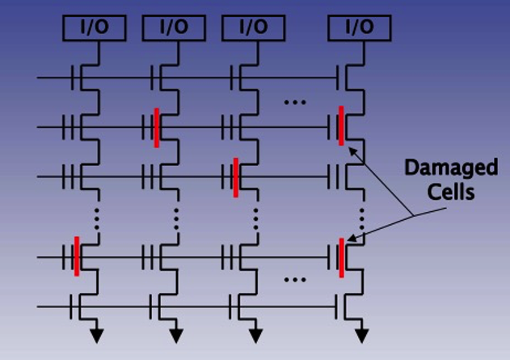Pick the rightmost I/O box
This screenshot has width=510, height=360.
tap(357, 28)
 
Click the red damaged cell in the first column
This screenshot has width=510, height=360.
tap(77, 256)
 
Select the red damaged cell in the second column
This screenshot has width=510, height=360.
tap(156, 127)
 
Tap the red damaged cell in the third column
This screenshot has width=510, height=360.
tap(235, 176)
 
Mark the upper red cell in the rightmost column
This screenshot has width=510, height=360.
tap(342, 125)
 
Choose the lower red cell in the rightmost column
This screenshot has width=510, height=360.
tap(342, 256)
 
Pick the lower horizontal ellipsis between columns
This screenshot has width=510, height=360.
tap(296, 280)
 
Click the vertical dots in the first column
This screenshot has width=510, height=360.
tap(97, 216)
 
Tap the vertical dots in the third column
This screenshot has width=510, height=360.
tap(256, 216)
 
